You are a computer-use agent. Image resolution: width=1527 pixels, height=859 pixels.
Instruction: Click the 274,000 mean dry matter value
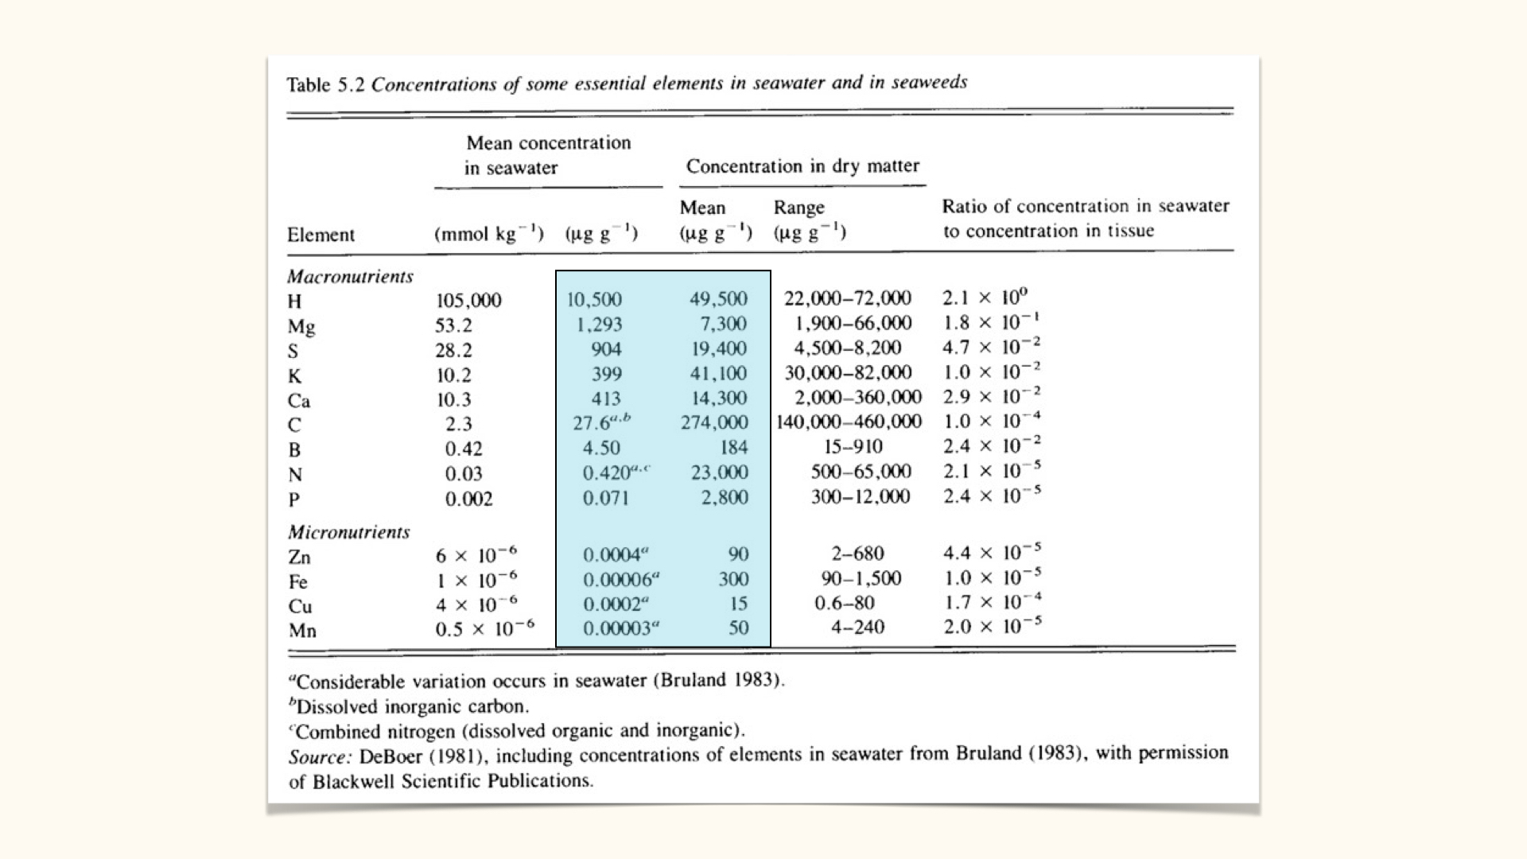click(x=713, y=422)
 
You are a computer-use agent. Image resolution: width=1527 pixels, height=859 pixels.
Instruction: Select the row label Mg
click(x=301, y=326)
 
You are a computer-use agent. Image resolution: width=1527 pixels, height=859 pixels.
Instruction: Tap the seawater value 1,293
click(x=599, y=325)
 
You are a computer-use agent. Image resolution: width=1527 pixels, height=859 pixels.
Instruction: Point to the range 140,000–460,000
click(x=849, y=422)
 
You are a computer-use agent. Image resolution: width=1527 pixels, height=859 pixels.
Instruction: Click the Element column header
click(x=321, y=235)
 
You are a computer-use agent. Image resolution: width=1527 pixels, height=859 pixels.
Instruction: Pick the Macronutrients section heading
click(x=350, y=277)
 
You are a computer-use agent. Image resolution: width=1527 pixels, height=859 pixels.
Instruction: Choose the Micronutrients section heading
click(x=348, y=532)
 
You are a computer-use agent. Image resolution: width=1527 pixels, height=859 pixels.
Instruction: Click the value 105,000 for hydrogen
click(x=468, y=301)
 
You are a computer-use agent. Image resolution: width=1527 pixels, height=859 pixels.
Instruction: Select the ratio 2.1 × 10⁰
click(x=985, y=297)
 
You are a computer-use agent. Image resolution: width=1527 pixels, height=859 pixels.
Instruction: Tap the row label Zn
click(x=299, y=557)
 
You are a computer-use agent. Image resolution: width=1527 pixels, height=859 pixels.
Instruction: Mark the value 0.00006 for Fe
click(x=621, y=580)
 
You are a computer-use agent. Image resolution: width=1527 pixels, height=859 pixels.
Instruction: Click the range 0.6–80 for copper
click(x=844, y=603)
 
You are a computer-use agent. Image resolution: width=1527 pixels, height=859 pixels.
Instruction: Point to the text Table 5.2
click(x=325, y=84)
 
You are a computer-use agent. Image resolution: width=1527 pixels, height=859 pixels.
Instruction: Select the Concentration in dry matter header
click(x=802, y=166)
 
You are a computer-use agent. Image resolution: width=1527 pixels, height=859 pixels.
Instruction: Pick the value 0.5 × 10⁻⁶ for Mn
click(x=484, y=629)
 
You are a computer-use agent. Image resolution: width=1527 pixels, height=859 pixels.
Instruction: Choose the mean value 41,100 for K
click(x=718, y=373)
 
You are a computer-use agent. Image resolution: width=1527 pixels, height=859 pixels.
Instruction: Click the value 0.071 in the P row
click(x=605, y=498)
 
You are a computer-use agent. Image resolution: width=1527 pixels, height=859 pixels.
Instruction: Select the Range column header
click(x=798, y=208)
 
